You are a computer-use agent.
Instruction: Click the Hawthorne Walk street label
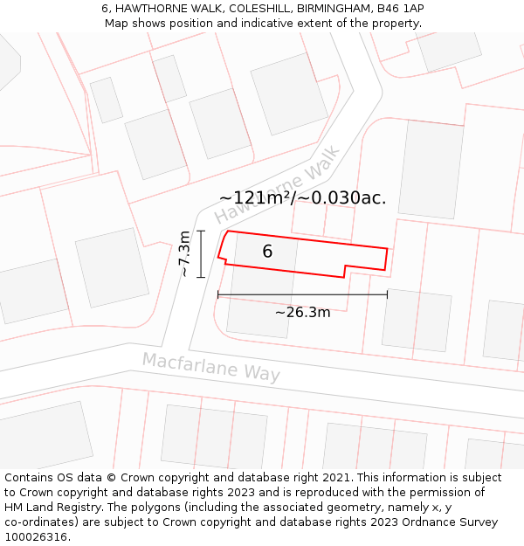[278, 186]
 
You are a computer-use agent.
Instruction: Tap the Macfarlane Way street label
[211, 367]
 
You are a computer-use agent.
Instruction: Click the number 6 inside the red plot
[267, 252]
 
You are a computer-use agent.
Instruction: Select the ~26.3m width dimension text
[302, 312]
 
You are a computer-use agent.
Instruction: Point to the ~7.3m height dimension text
[184, 253]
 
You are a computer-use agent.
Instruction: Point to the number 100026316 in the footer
[36, 537]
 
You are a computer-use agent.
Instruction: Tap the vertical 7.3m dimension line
[201, 253]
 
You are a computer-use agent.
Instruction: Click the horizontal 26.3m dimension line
[302, 295]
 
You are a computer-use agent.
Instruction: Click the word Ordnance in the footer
[419, 522]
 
